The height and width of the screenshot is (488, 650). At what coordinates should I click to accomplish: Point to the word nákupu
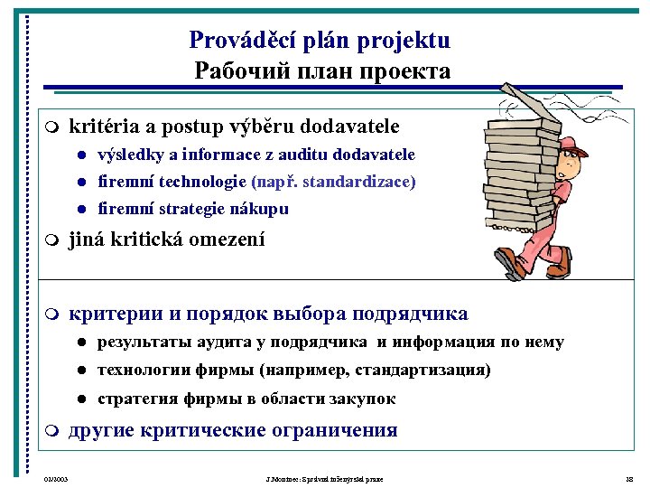click(263, 209)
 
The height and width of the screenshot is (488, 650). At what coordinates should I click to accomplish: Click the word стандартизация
click(422, 370)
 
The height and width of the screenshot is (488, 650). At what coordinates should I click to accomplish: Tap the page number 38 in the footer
click(630, 478)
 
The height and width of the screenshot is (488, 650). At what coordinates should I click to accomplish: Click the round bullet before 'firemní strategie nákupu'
click(80, 210)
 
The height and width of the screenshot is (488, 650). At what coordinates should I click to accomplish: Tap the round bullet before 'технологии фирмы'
click(80, 371)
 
